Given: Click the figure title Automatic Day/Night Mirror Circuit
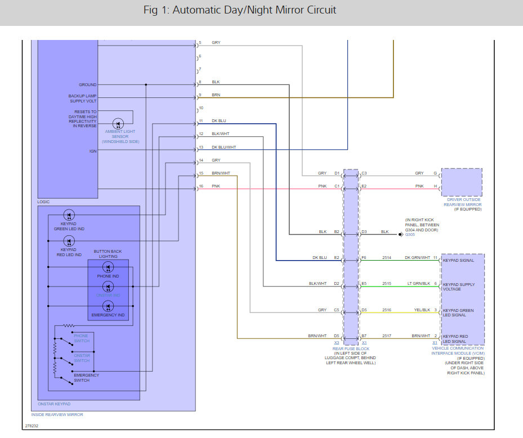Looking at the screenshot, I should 240,10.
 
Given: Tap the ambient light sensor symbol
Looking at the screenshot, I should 118,124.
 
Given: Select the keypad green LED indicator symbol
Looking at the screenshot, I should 69,215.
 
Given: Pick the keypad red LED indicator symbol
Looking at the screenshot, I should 69,242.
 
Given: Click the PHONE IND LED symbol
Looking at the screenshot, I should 108,267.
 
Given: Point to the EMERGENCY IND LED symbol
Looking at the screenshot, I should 108,306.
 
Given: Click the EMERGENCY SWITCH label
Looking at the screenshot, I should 86,378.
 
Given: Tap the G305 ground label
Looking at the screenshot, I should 410,235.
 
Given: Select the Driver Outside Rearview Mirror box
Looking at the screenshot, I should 461,181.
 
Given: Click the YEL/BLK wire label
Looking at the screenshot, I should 422,310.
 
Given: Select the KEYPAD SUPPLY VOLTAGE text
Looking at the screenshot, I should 458,287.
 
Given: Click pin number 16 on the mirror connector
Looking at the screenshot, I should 200,186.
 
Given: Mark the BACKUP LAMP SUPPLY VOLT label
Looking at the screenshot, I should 82,98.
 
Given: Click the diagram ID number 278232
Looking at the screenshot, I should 32,426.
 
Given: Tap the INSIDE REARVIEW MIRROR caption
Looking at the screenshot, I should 57,414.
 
